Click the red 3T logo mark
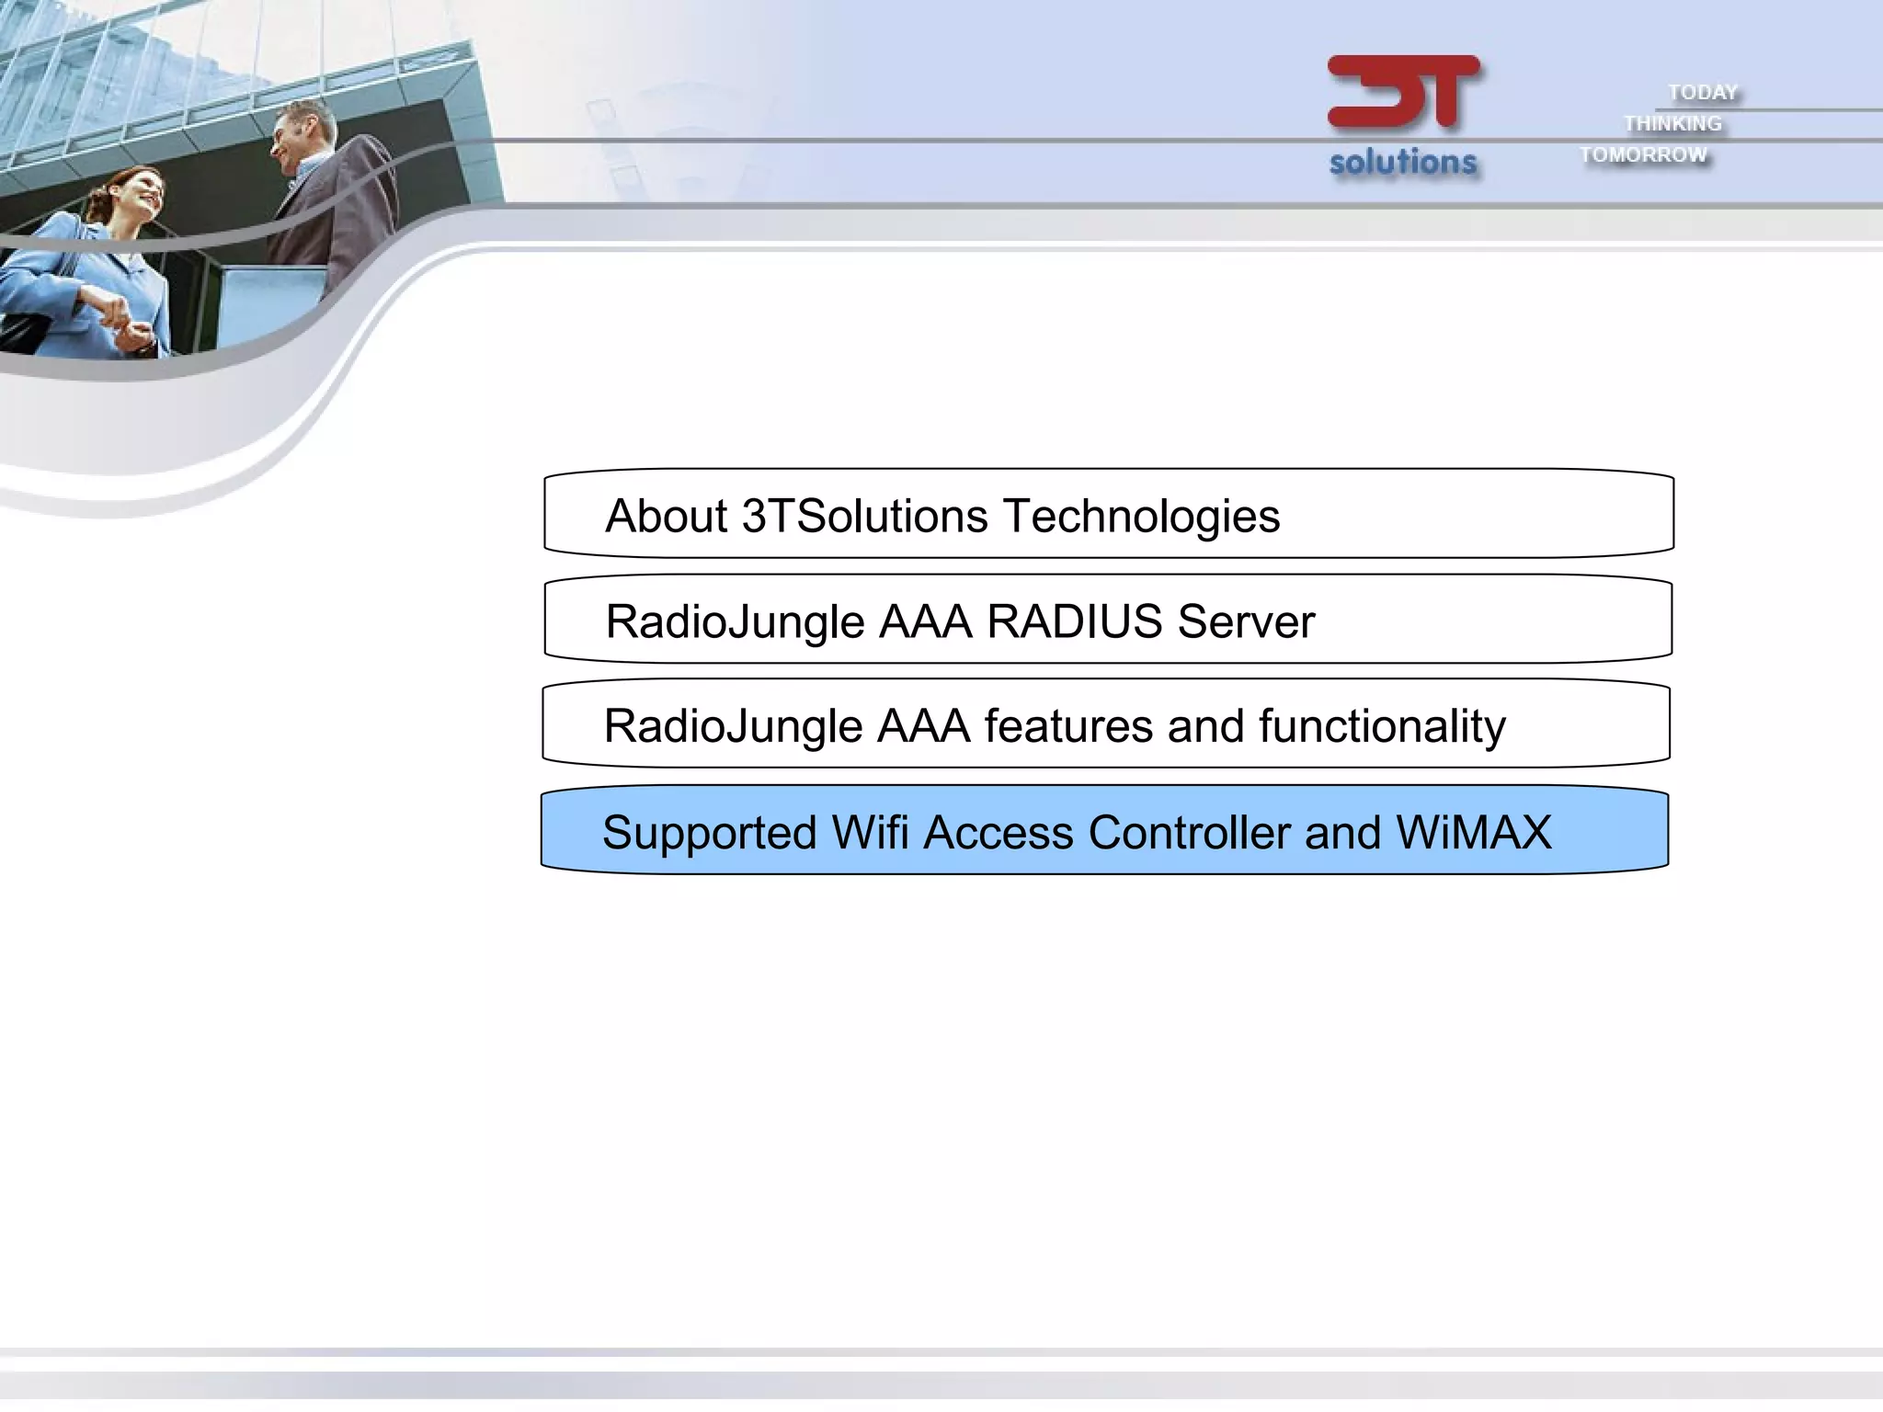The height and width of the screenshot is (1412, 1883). pyautogui.click(x=1403, y=92)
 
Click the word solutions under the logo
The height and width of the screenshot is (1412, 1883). pyautogui.click(x=1403, y=162)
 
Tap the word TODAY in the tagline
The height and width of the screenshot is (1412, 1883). pyautogui.click(x=1703, y=92)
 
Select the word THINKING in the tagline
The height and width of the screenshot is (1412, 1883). pyautogui.click(x=1672, y=123)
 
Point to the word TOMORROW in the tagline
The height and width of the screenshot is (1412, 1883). pyautogui.click(x=1643, y=154)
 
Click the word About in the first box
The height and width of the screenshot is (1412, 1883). pyautogui.click(x=667, y=515)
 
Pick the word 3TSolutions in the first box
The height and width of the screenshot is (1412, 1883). pyautogui.click(x=864, y=515)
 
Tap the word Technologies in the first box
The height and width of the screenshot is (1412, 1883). pyautogui.click(x=1141, y=517)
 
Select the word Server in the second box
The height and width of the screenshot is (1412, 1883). pyautogui.click(x=1246, y=621)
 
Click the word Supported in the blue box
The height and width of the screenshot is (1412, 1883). pyautogui.click(x=709, y=834)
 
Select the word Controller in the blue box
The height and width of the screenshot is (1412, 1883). pyautogui.click(x=1189, y=832)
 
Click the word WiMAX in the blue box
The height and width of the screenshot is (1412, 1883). pyautogui.click(x=1473, y=832)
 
